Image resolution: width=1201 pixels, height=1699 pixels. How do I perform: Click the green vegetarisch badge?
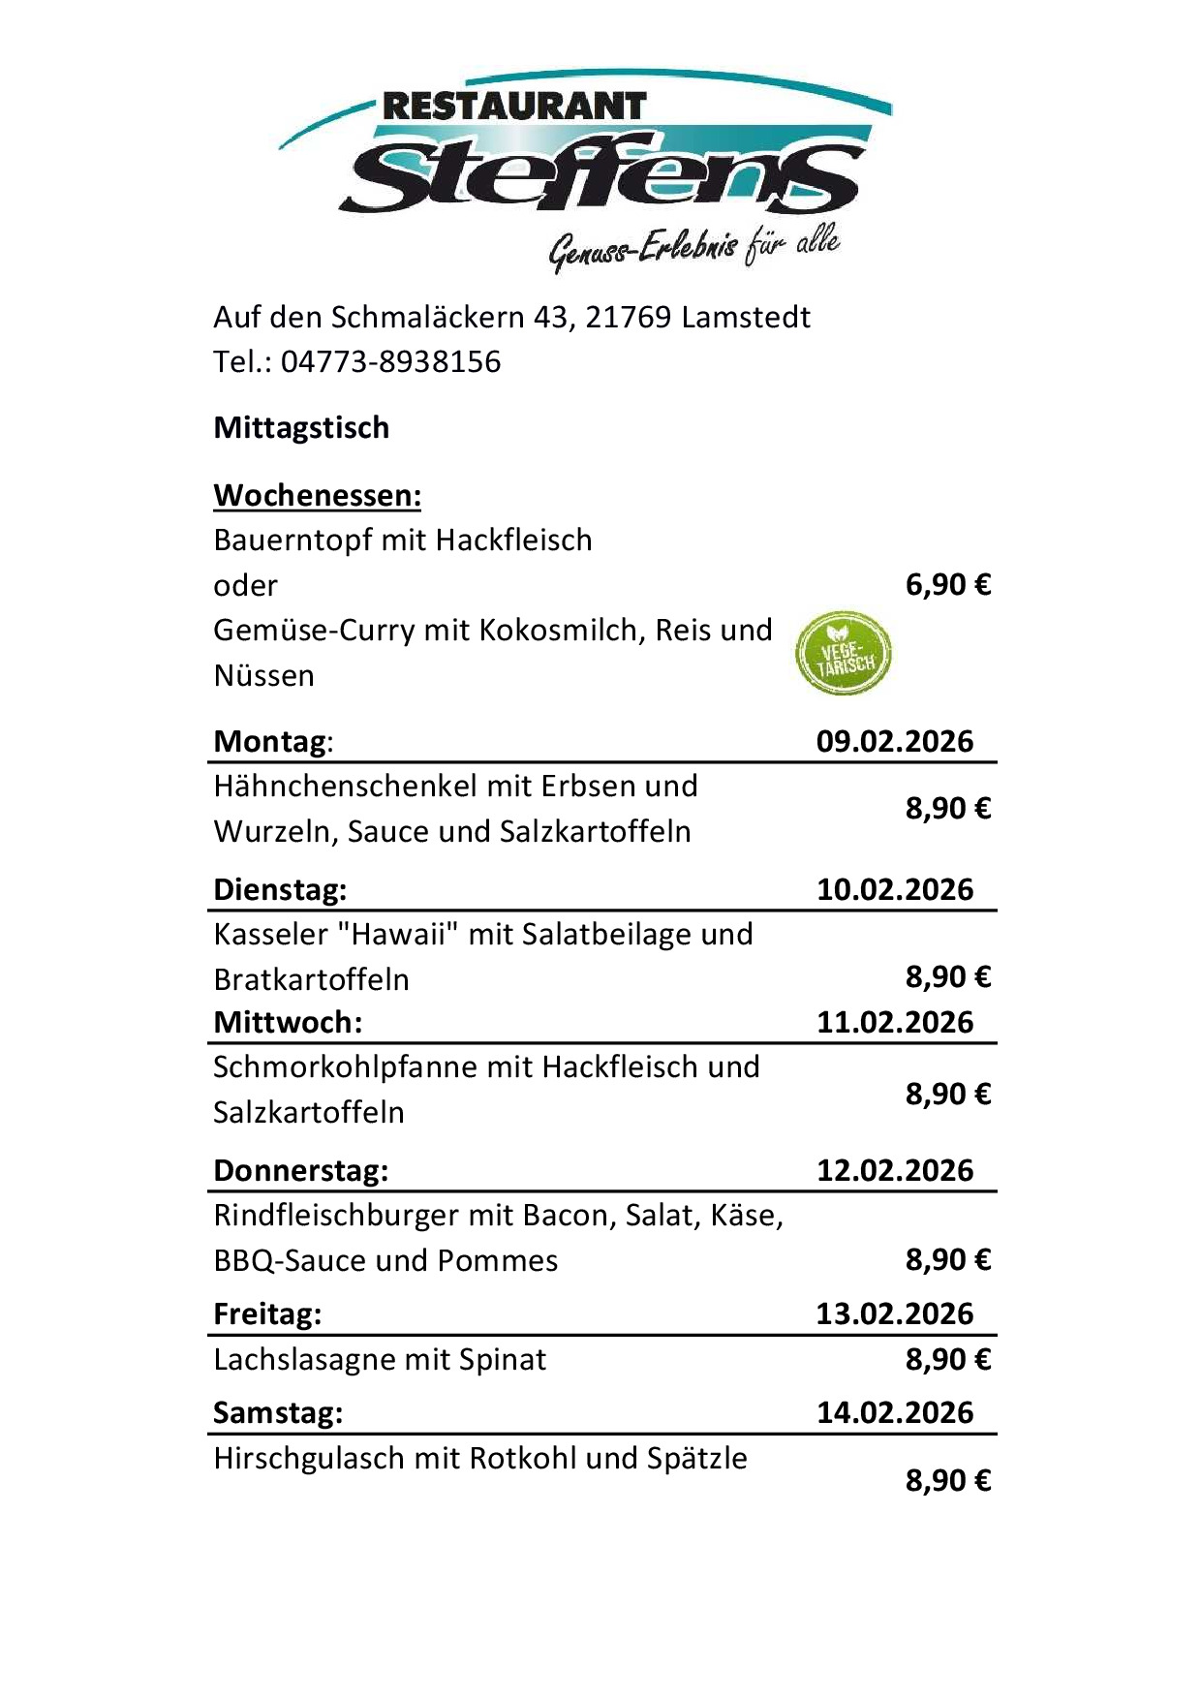(x=843, y=654)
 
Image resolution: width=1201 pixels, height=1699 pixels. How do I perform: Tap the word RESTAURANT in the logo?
(x=514, y=106)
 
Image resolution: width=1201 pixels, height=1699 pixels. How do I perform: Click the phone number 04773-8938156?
(x=390, y=361)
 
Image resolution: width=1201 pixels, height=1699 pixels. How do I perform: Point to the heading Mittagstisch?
(x=301, y=427)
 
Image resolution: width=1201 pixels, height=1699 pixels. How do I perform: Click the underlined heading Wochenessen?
(x=317, y=495)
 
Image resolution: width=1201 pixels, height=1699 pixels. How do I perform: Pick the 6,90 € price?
(x=947, y=585)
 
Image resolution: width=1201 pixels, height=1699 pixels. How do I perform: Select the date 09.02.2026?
(x=894, y=741)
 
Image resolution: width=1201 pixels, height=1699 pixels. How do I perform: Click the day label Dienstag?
(x=280, y=889)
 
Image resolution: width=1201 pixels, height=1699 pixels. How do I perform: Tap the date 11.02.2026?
(x=894, y=1022)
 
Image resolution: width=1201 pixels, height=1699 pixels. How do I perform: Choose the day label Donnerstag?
(x=300, y=1170)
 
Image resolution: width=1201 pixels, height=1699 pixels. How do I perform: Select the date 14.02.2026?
(x=894, y=1412)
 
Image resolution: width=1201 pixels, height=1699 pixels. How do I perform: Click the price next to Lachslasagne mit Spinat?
(x=947, y=1359)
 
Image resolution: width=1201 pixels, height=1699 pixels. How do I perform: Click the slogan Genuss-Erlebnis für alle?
(x=693, y=248)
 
